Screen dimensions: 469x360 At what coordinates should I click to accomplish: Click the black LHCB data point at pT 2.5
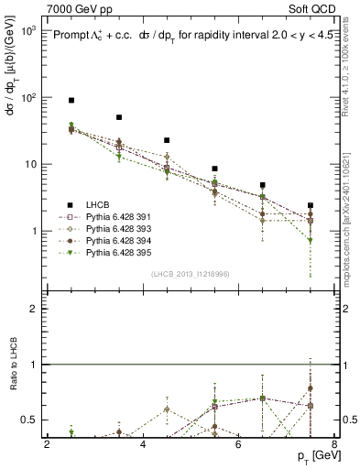[71, 100]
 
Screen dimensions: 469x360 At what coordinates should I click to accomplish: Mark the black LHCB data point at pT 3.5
[119, 117]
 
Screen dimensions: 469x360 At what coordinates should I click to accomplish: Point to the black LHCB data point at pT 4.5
[167, 140]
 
